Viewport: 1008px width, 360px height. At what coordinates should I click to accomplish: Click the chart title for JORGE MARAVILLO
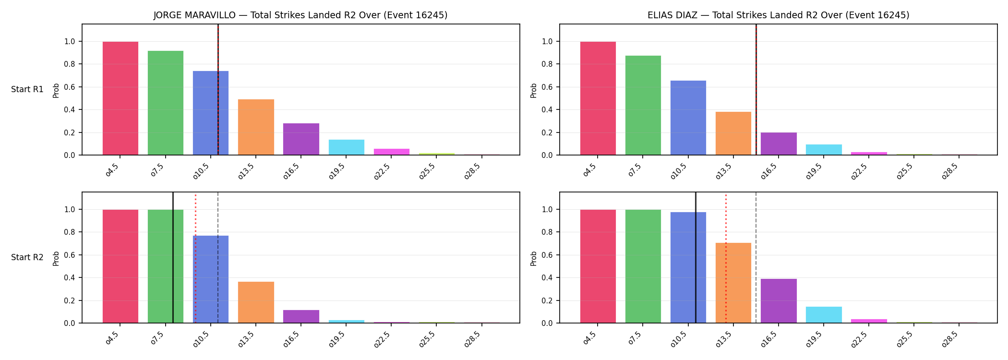[x=300, y=15]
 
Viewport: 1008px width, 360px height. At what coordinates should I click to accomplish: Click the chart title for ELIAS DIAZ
[x=778, y=15]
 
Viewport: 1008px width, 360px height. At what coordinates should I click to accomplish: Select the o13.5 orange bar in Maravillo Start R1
[x=256, y=127]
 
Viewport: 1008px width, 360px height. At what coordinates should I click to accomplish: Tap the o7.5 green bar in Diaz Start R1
[x=643, y=105]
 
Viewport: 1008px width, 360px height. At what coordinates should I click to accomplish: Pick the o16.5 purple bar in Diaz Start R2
[x=779, y=301]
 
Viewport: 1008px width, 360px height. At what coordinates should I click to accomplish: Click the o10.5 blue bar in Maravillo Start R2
[x=211, y=279]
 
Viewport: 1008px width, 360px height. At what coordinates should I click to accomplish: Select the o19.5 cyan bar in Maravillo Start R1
[x=347, y=147]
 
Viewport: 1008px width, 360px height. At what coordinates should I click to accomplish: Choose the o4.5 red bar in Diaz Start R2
[x=598, y=266]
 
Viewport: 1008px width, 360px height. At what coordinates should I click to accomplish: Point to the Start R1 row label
[x=27, y=89]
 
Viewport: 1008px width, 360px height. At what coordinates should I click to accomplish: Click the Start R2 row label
[x=27, y=257]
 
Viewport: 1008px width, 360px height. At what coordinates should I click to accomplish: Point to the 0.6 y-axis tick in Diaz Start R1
[x=548, y=87]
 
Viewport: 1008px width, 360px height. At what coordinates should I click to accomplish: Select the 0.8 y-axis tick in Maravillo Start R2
[x=70, y=232]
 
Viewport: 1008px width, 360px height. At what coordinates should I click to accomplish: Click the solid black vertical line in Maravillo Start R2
[x=173, y=258]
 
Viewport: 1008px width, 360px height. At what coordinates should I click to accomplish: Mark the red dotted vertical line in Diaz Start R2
[x=726, y=259]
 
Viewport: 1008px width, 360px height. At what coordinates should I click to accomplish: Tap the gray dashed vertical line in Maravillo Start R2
[x=218, y=258]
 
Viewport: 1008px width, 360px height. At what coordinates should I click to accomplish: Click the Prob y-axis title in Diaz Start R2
[x=534, y=258]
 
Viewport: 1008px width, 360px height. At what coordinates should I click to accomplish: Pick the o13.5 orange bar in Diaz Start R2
[x=733, y=283]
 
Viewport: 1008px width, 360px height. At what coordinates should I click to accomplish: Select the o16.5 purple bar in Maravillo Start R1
[x=301, y=139]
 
